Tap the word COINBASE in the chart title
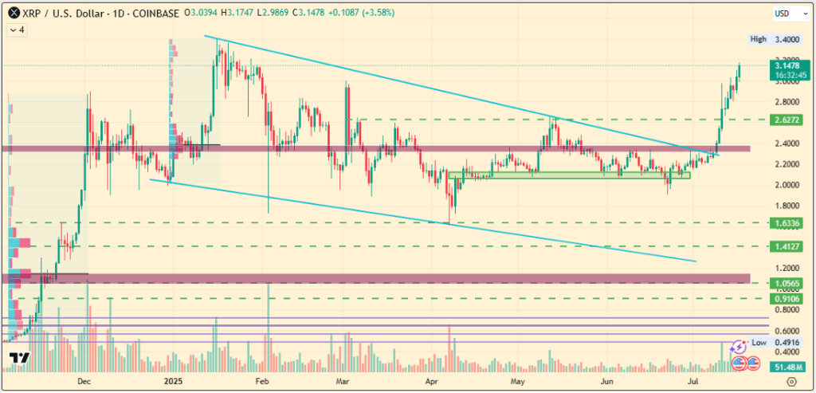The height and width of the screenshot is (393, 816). pos(159,14)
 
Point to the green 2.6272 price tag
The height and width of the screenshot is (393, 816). pos(785,120)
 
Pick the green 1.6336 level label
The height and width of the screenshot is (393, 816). pos(785,223)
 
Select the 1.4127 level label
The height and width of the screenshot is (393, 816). pos(785,247)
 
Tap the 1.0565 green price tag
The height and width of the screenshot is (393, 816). pos(785,283)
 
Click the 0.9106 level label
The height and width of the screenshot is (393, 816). pos(785,299)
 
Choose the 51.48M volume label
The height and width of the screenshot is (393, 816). pos(785,367)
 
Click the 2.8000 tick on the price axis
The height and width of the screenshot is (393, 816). pos(787,102)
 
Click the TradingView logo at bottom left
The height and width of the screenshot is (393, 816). pos(19,360)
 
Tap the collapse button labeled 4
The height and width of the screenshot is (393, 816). pos(17,30)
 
